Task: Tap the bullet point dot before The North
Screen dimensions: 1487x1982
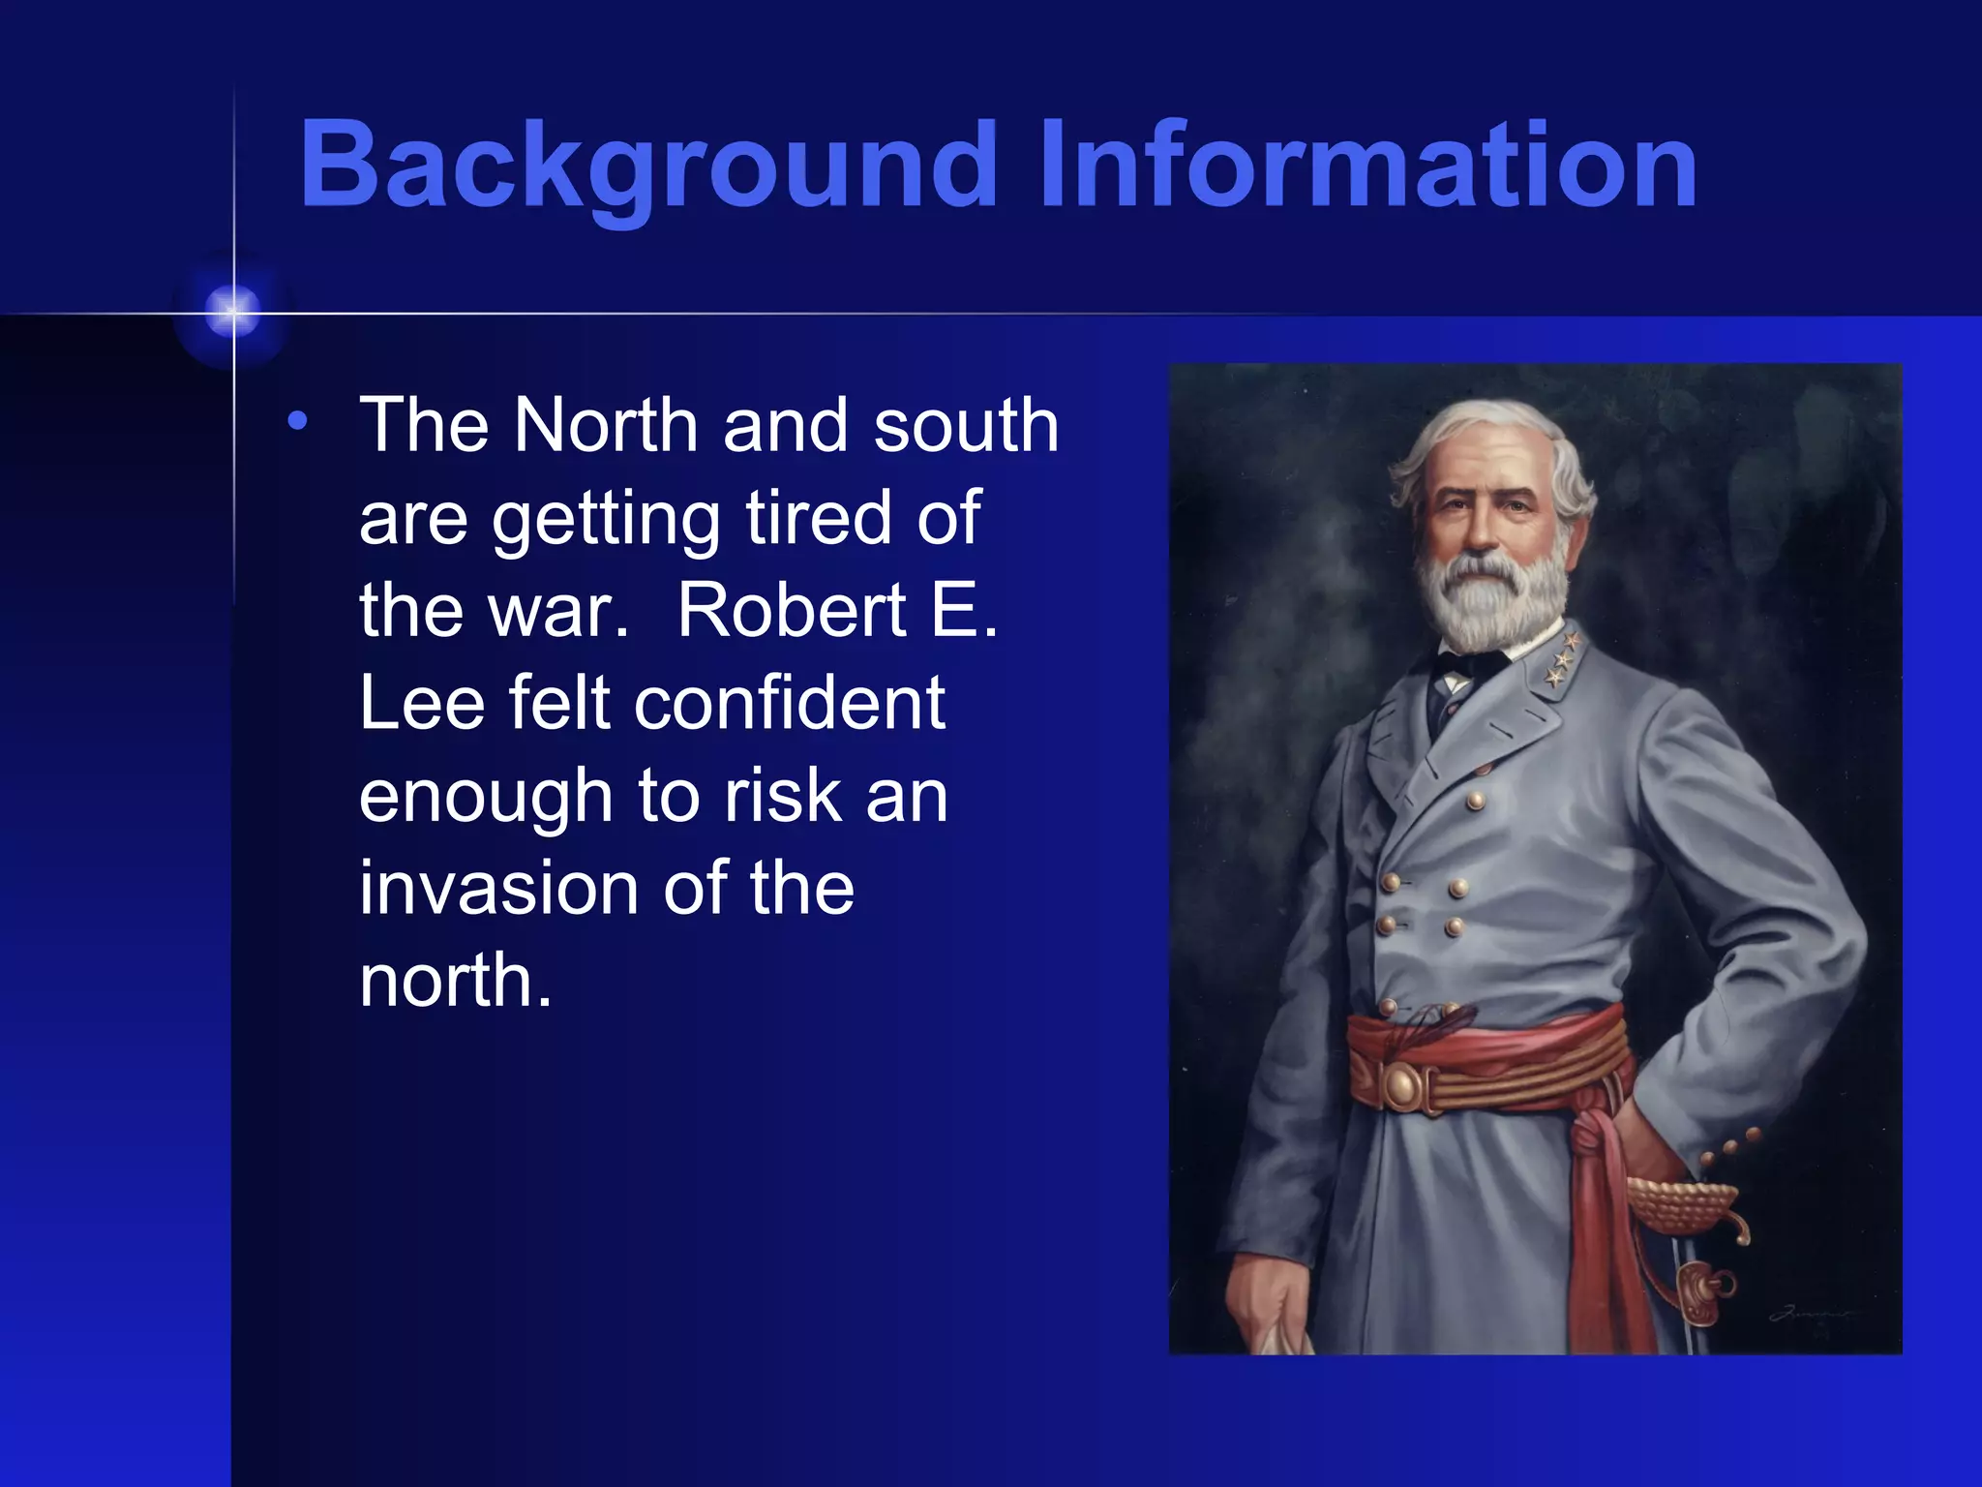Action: coord(298,420)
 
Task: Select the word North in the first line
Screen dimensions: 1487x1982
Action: coord(606,425)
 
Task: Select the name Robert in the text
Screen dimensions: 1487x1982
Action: coord(792,610)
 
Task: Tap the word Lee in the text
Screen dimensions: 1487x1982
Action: coord(422,703)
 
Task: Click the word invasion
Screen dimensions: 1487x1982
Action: coord(497,888)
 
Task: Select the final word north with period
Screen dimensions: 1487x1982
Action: coord(455,981)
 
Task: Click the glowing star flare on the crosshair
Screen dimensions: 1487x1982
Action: coord(232,312)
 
